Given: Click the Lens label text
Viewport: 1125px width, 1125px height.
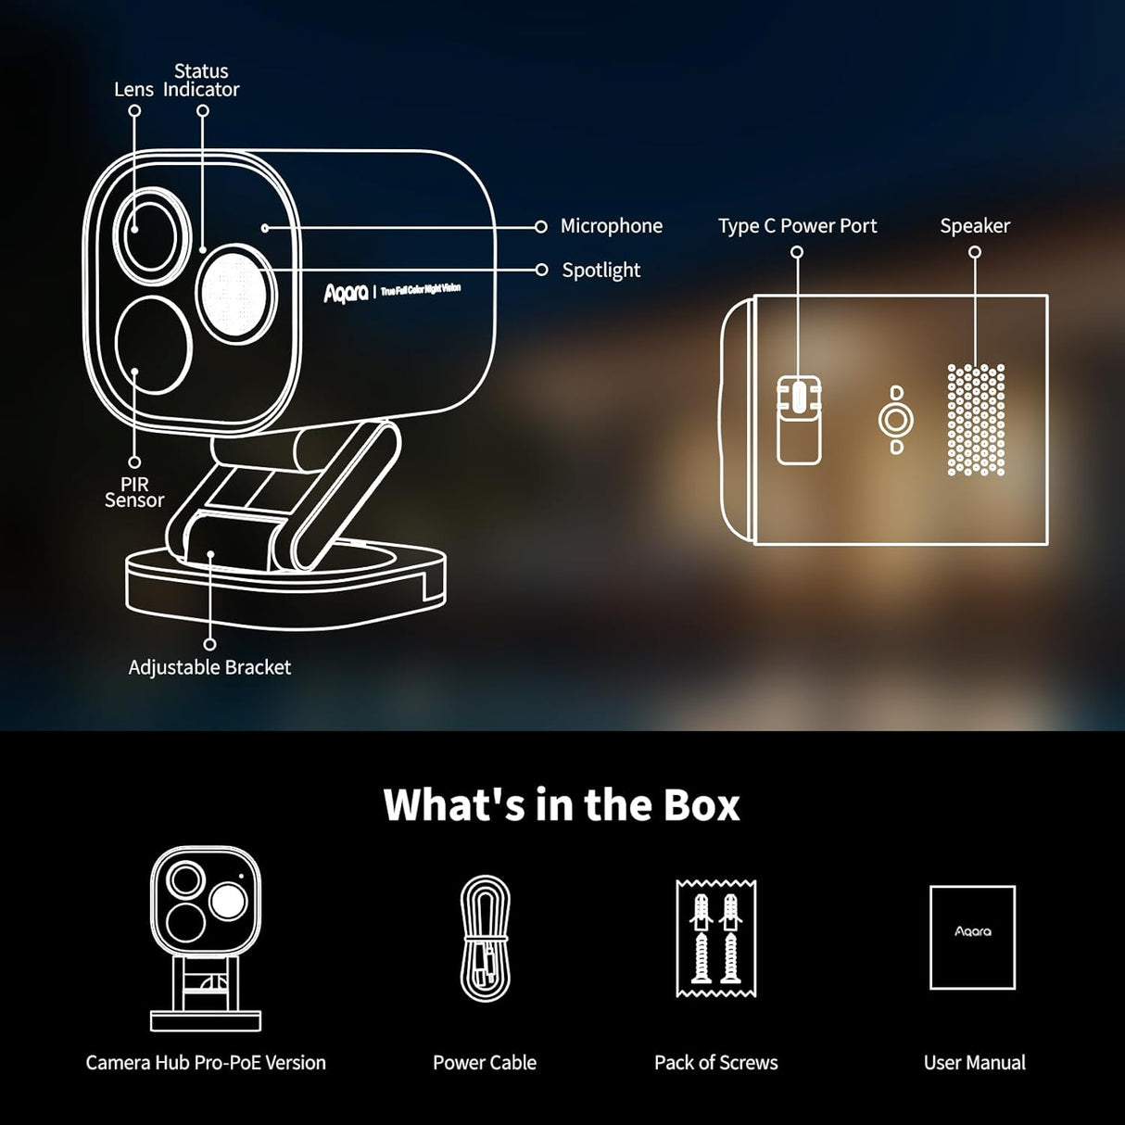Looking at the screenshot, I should tap(133, 90).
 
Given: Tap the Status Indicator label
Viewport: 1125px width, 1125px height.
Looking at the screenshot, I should tap(201, 81).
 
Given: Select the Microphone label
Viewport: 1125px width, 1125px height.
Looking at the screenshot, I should tap(611, 226).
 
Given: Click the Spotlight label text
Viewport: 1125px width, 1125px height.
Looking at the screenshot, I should tap(600, 271).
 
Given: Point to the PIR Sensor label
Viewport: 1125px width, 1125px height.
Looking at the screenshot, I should tap(134, 492).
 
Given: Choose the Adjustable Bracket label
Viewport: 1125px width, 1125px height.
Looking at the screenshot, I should tap(209, 667).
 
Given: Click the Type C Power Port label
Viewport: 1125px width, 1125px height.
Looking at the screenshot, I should tap(797, 226).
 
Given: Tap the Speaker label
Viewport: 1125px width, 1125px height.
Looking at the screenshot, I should tap(975, 226).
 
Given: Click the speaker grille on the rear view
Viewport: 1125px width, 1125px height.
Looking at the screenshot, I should tap(975, 420).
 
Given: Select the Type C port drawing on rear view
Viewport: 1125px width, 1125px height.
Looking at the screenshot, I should tap(798, 419).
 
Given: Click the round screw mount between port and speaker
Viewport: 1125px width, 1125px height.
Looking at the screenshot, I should tap(895, 421).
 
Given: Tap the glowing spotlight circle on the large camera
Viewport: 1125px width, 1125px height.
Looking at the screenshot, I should tap(234, 295).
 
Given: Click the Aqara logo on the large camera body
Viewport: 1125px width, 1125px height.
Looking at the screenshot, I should tap(347, 293).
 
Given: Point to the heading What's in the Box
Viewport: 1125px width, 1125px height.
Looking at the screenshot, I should tap(562, 804).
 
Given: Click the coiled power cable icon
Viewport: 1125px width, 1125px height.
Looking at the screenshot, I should tap(485, 939).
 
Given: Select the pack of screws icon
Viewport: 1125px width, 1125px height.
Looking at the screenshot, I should tap(716, 938).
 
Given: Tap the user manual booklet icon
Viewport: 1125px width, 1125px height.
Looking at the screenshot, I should tap(972, 937).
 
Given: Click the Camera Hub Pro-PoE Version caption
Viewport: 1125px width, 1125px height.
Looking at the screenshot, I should tap(206, 1063).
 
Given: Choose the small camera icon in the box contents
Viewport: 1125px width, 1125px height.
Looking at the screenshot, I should tap(206, 937).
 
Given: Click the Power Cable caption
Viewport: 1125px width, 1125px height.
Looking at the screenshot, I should tap(485, 1063).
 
